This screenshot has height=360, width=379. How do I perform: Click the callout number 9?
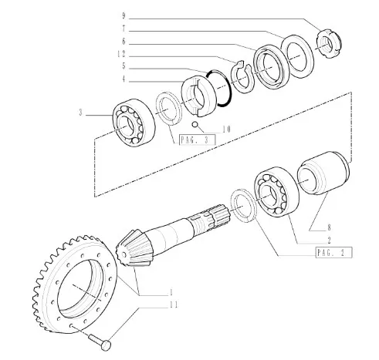pyautogui.click(x=124, y=16)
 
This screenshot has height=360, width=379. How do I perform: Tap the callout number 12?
pyautogui.click(x=121, y=54)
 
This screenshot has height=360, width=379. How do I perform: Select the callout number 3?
pyautogui.click(x=81, y=113)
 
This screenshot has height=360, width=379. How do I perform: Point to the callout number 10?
pyautogui.click(x=227, y=130)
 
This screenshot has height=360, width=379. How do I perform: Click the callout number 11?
pyautogui.click(x=174, y=304)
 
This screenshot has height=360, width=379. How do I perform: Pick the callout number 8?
pyautogui.click(x=329, y=227)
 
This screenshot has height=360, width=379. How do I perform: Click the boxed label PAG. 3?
pyautogui.click(x=197, y=140)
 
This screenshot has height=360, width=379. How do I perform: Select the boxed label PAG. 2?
pyautogui.click(x=333, y=253)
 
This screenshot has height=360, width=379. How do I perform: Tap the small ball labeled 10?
pyautogui.click(x=195, y=125)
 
